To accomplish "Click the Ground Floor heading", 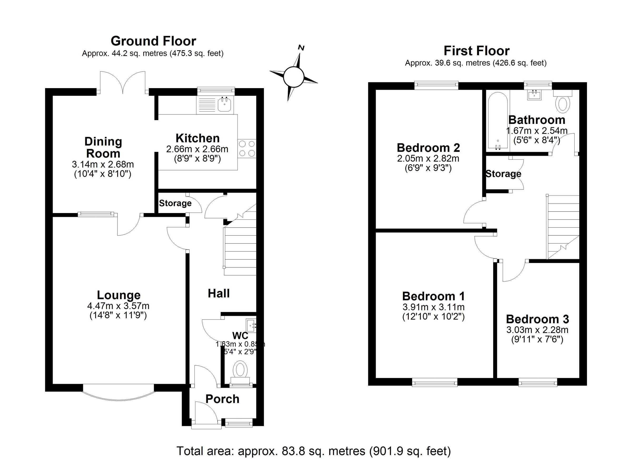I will coord(153,41).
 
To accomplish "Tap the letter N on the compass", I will coord(301,48).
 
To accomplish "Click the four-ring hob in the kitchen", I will coord(247,148).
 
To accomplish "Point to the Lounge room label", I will coord(119,295).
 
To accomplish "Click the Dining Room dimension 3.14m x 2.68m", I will coord(103,164).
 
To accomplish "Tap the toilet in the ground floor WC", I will coord(240,370).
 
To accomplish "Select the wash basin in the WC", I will coord(251,325).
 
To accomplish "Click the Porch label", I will coord(222,399).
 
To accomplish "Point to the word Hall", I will coord(219,293).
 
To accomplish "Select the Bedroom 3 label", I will coord(537,319).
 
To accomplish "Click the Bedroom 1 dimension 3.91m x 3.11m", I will coord(433,307).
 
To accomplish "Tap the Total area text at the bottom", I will coord(314,451).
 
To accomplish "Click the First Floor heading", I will coord(477,51).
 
